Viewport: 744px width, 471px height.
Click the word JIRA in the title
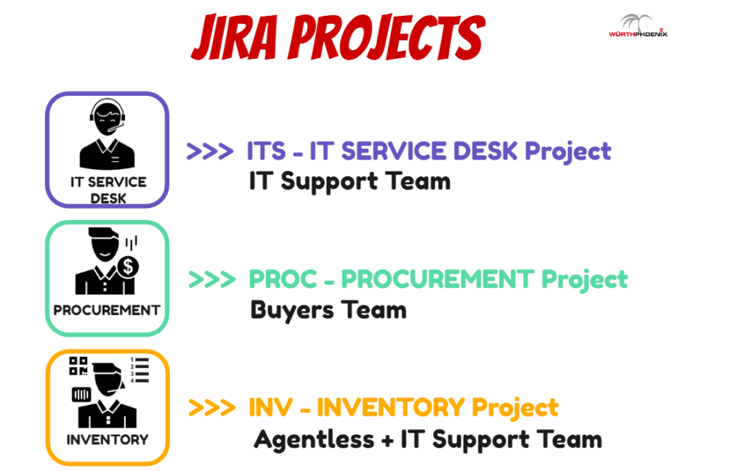(x=234, y=37)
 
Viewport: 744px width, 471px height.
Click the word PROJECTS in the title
(x=387, y=37)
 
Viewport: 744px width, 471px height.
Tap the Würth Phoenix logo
(x=638, y=25)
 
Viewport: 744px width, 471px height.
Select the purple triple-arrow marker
(x=210, y=151)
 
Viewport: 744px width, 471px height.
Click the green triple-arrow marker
(x=211, y=279)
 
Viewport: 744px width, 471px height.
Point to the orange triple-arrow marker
(x=211, y=408)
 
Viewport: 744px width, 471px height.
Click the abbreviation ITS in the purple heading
(x=266, y=151)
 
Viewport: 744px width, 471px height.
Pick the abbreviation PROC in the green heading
(x=283, y=279)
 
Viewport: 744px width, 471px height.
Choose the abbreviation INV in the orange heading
(x=270, y=408)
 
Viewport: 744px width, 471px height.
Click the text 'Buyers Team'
(x=328, y=311)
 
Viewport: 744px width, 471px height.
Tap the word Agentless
(x=314, y=440)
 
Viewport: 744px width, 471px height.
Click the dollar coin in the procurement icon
(x=128, y=267)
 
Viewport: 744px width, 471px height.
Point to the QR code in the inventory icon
(x=78, y=366)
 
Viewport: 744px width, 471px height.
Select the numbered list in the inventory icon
(x=139, y=370)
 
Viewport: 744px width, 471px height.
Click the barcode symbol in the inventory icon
(x=81, y=394)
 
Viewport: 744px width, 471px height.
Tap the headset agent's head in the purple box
(x=108, y=118)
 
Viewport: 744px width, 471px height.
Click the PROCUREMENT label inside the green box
(x=107, y=311)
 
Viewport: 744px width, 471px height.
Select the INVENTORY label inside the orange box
(x=108, y=440)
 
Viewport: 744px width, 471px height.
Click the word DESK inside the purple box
(x=108, y=199)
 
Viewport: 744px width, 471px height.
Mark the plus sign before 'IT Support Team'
(x=387, y=441)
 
